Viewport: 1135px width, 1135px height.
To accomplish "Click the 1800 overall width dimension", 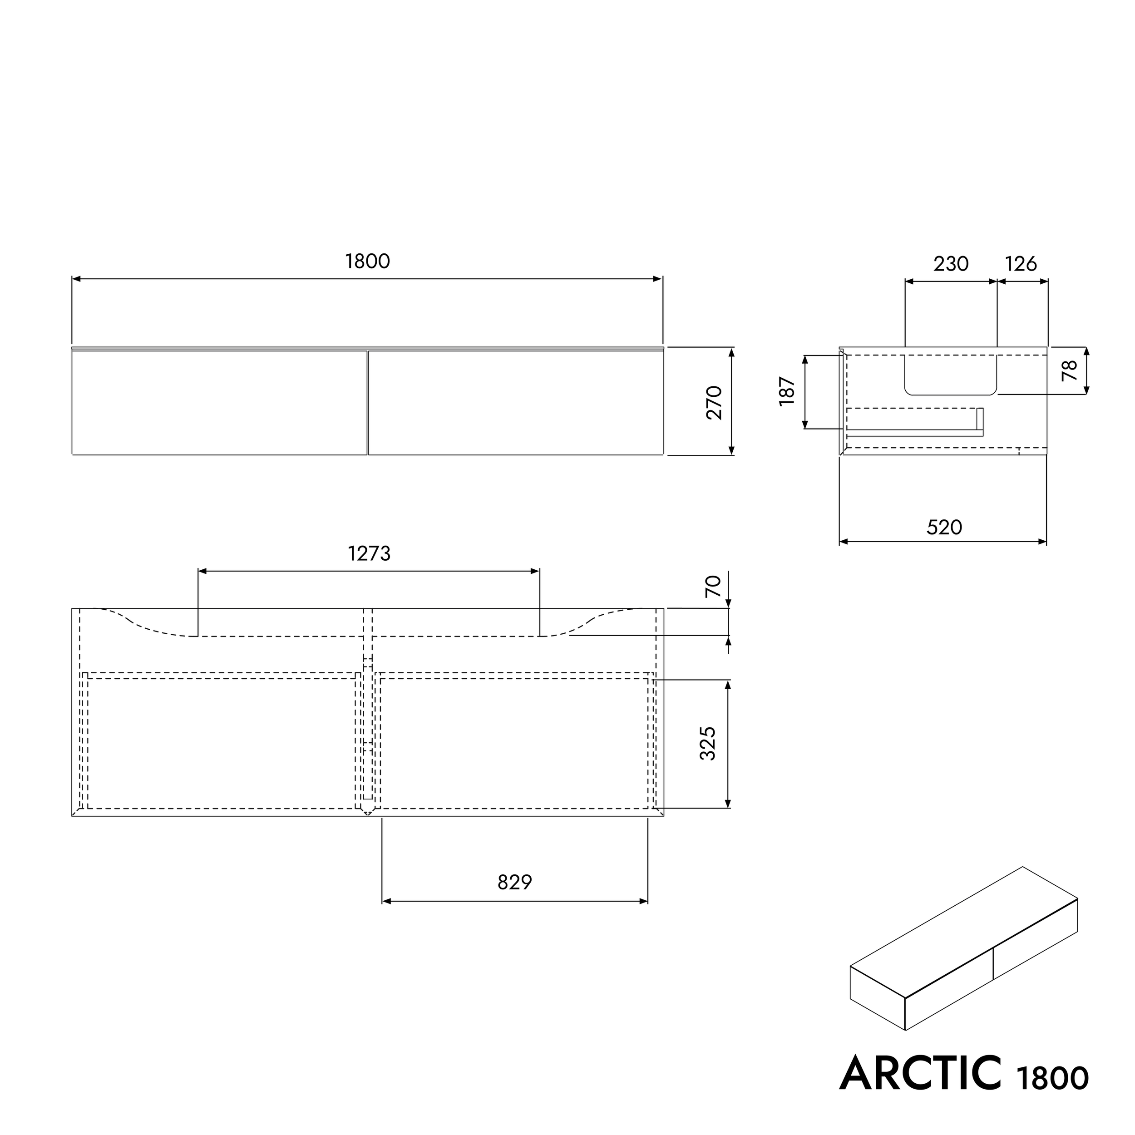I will [367, 262].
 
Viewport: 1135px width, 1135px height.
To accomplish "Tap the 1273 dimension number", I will [369, 553].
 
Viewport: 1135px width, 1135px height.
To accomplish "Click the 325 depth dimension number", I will [708, 743].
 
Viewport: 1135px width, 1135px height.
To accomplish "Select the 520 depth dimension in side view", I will [944, 528].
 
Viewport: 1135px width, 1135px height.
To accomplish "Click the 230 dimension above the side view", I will [951, 264].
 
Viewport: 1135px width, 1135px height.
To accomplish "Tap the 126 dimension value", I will [1021, 264].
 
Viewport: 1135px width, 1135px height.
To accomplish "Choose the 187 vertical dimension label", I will [787, 391].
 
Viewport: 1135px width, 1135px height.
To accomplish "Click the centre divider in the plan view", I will [368, 711].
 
